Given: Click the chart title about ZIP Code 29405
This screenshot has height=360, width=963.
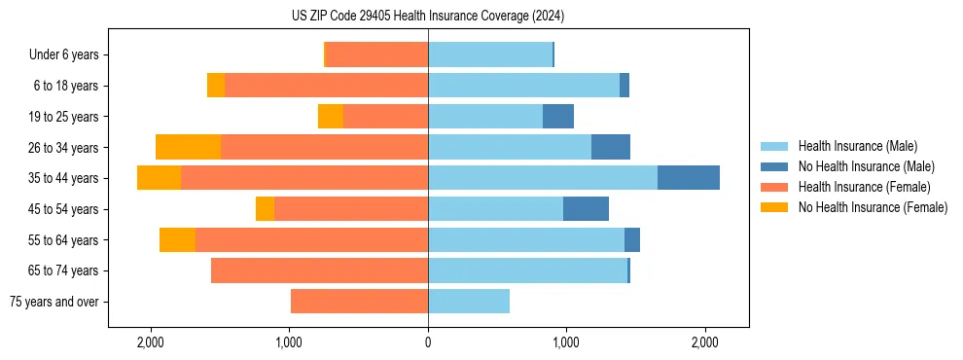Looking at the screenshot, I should coord(428,17).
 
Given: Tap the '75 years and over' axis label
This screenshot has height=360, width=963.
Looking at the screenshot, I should coord(53,302).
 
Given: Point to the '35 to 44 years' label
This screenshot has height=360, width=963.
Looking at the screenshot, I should coord(63,178).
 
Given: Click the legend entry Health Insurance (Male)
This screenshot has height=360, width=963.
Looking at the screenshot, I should coord(856,146).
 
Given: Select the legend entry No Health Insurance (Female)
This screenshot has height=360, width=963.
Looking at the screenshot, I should coord(873,207).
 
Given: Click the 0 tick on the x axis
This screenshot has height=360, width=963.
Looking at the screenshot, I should coord(428,342).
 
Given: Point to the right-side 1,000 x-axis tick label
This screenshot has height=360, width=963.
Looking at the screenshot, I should coord(566,342).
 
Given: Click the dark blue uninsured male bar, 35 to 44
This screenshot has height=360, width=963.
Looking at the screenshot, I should coord(689,178).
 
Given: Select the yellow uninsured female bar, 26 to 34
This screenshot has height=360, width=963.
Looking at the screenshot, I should coord(188,147).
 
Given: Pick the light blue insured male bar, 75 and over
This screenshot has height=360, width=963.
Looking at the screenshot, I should coord(469,302).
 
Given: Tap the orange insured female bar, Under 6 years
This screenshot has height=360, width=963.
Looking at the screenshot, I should coord(376,54).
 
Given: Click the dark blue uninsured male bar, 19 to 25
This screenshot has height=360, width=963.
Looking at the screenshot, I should coord(558,117).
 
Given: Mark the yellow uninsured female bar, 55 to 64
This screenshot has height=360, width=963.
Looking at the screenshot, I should coord(177,239).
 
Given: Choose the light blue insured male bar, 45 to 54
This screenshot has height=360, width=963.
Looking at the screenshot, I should coord(495,209).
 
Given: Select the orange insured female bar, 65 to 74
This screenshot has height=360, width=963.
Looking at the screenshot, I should coord(319,270).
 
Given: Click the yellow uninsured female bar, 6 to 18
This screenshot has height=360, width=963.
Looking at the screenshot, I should coord(216,86).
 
